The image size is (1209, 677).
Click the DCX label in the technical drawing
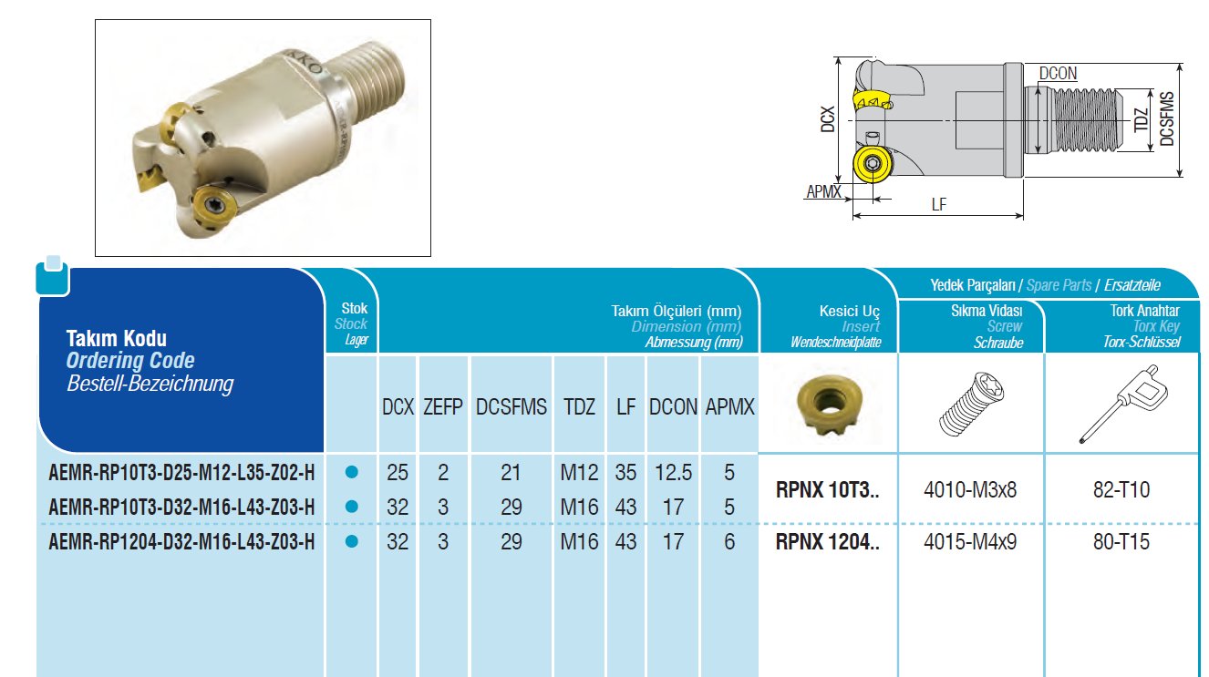point(827,119)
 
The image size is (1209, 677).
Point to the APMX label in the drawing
point(823,191)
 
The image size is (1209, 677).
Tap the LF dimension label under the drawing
point(938,204)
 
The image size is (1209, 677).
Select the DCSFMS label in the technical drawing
point(1166,118)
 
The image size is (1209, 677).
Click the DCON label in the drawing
point(1058,74)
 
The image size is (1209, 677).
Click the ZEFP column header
point(442,406)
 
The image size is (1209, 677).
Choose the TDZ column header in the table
point(579,406)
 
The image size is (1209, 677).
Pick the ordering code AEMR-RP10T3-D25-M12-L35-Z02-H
point(181,473)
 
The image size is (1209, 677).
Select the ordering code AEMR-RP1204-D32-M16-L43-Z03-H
point(181,541)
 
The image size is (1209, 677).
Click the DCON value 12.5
point(673,473)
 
